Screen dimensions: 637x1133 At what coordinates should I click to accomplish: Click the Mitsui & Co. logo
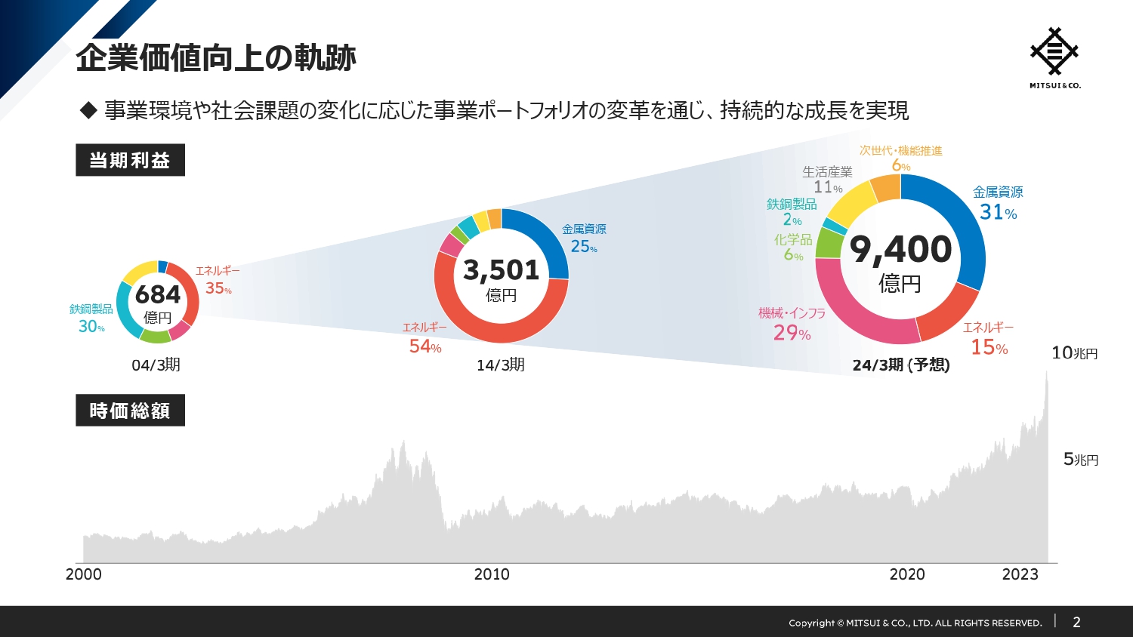1054,57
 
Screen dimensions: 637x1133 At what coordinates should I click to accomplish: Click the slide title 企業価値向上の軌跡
216,57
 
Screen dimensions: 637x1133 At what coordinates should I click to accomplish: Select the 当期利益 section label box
130,160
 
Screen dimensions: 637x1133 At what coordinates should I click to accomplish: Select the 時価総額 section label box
130,411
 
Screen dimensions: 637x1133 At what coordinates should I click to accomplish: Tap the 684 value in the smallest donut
158,294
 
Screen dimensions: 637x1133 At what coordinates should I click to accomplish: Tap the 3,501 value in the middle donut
501,270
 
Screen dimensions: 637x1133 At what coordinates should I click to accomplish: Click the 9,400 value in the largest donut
900,250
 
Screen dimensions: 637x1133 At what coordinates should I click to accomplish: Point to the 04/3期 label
156,365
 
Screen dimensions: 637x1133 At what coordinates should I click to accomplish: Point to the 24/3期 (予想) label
901,365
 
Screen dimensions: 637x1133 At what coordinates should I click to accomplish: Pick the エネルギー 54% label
424,337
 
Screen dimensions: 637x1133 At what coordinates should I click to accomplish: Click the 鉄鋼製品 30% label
91,318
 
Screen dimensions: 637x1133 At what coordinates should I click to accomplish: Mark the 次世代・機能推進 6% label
901,158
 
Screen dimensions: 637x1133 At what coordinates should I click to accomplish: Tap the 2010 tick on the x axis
492,574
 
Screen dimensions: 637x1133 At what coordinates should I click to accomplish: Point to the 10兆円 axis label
1074,352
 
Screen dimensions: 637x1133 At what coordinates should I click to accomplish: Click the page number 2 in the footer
1076,622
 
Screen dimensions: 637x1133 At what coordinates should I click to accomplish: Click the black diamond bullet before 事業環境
89,111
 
